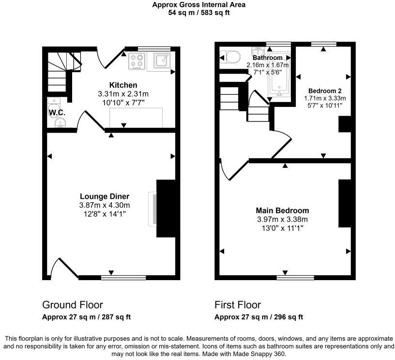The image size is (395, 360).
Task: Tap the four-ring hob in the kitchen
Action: (x=137, y=61)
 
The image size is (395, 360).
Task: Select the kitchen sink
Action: (x=161, y=60)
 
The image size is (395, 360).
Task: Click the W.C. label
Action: (x=57, y=113)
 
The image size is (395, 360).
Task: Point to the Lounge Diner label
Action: (x=104, y=196)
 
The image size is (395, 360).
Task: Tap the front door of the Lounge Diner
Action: (x=65, y=268)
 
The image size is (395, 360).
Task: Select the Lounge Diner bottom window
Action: (x=123, y=278)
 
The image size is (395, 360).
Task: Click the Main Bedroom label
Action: (x=282, y=210)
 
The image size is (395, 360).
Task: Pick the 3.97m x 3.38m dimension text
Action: (x=282, y=219)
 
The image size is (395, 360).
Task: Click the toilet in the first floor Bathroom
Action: (x=229, y=57)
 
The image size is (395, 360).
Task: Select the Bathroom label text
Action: (x=267, y=58)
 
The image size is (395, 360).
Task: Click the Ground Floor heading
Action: (x=73, y=305)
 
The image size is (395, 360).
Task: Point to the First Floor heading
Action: (x=238, y=305)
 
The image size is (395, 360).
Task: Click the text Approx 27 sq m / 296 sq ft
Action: (x=259, y=317)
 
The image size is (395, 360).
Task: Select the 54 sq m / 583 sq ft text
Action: (x=198, y=13)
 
